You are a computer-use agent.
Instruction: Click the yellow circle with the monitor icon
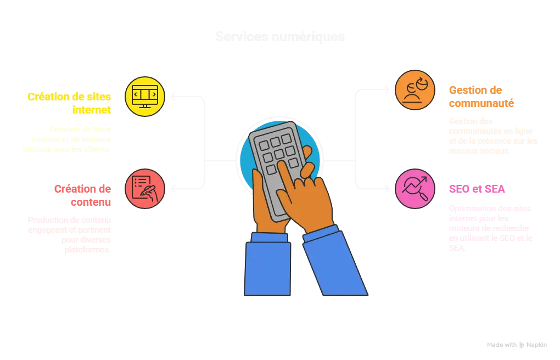click(x=145, y=96)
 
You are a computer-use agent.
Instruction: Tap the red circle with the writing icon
click(x=145, y=189)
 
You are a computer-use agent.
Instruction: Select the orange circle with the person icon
click(x=415, y=89)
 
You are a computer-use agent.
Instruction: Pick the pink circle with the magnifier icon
click(x=415, y=189)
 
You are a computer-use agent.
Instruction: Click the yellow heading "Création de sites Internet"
click(x=70, y=103)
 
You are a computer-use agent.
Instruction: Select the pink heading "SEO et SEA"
click(x=478, y=189)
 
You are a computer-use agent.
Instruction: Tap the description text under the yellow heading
click(x=68, y=139)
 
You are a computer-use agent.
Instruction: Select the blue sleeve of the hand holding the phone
click(x=268, y=266)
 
